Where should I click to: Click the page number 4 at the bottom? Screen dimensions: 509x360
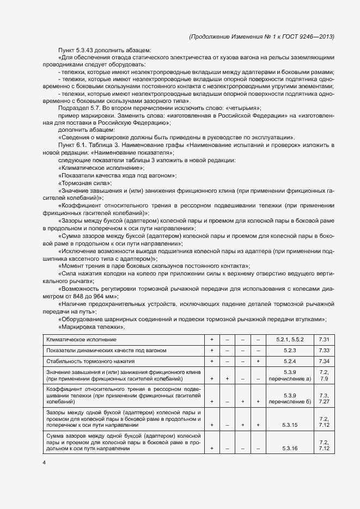point(44,463)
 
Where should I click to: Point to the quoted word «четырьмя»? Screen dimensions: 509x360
point(242,108)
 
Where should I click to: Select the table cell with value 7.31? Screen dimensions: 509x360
point(324,339)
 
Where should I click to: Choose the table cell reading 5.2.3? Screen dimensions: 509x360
point(289,350)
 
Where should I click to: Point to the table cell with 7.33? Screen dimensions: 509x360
point(324,350)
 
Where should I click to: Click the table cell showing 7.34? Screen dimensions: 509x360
point(324,361)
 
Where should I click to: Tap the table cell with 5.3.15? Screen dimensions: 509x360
point(289,424)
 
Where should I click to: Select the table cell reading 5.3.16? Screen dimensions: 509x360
point(289,448)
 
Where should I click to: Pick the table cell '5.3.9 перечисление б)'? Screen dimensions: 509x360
point(289,398)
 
